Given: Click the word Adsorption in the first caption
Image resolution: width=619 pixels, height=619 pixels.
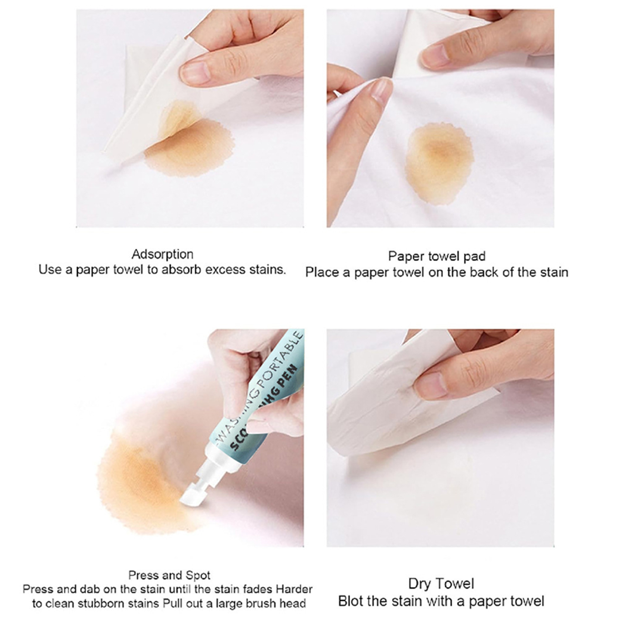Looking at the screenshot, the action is (162, 254).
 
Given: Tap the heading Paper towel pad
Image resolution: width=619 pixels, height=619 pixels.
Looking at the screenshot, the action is (437, 256).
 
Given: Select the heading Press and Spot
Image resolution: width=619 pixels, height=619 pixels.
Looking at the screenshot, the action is (169, 575).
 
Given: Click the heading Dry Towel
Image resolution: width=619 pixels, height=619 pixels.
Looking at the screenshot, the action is (441, 583).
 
